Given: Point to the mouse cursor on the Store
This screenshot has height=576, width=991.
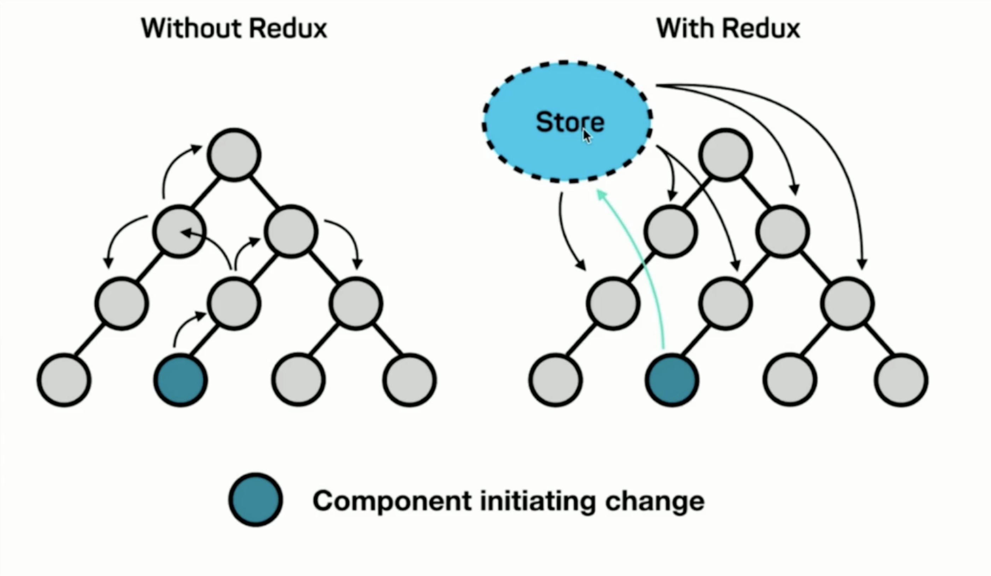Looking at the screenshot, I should tap(586, 136).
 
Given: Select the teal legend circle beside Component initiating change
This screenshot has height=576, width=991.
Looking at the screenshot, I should tap(256, 500).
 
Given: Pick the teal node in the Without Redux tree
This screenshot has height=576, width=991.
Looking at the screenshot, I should tap(181, 380).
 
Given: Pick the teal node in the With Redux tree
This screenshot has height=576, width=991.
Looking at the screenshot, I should tap(672, 380).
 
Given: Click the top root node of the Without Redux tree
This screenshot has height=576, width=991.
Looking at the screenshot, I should tap(234, 154).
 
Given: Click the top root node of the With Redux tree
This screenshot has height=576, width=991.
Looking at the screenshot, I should tap(726, 154).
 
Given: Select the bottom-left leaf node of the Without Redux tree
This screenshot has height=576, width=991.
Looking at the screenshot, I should tap(64, 380).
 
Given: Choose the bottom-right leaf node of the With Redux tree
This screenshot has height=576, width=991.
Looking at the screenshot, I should tap(901, 380).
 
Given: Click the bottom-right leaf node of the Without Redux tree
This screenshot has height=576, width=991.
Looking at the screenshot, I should tap(409, 380).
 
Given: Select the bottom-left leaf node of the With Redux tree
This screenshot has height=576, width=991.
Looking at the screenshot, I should tap(555, 380).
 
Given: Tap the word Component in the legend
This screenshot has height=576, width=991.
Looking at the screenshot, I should tap(392, 501).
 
